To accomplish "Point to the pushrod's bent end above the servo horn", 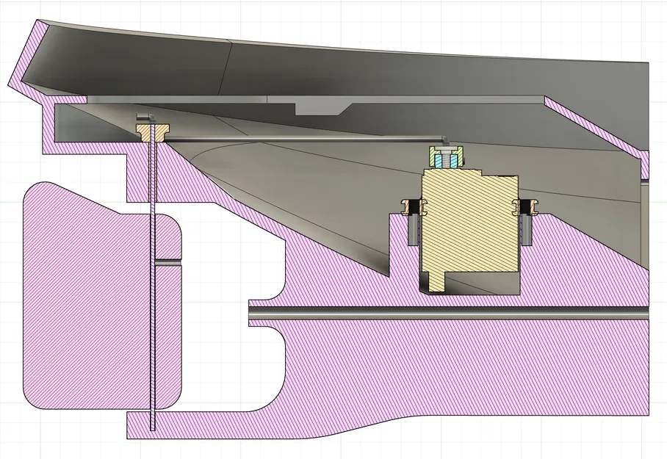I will pyautogui.click(x=445, y=138).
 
